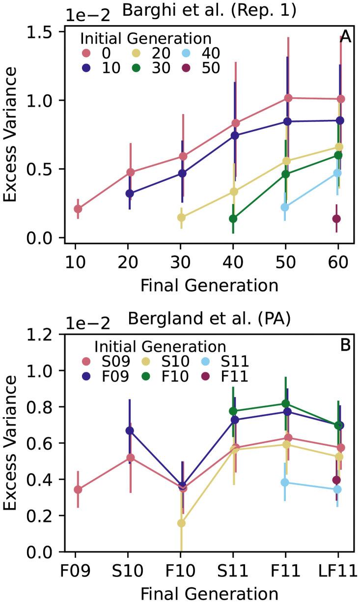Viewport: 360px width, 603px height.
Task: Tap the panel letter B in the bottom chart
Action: [x=345, y=345]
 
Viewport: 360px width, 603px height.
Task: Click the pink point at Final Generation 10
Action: [x=78, y=209]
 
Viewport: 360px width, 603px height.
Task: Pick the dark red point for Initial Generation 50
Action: [x=336, y=219]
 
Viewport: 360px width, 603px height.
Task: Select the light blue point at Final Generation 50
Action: [x=285, y=207]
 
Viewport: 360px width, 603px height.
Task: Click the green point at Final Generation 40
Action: [x=233, y=219]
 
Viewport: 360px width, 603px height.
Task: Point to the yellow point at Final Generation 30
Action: [x=181, y=217]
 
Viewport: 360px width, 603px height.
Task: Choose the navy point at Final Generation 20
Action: [x=130, y=194]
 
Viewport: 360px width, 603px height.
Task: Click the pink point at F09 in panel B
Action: [x=78, y=489]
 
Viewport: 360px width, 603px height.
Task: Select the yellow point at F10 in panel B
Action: [x=181, y=523]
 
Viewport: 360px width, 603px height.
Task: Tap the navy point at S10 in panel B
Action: [x=130, y=431]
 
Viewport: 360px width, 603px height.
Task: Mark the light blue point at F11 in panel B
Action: [x=285, y=483]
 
